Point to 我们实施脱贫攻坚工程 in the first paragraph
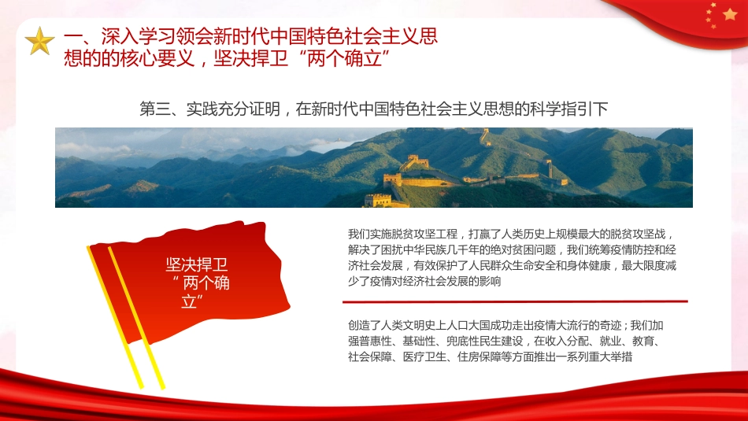point(400,234)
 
